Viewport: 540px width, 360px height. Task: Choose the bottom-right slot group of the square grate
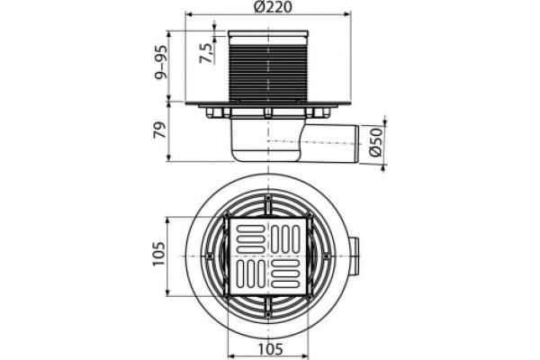(x=288, y=277)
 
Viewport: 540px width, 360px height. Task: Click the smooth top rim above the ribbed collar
(x=269, y=35)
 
